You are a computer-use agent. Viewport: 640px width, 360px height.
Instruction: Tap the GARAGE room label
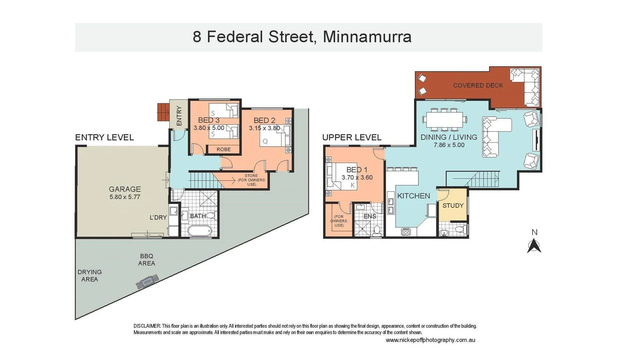[x=125, y=189]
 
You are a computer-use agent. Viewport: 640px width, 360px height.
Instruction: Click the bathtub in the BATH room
[x=199, y=230]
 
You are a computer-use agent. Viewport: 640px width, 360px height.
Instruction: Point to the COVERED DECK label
[x=478, y=85]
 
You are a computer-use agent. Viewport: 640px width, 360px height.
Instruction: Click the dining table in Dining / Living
[x=444, y=119]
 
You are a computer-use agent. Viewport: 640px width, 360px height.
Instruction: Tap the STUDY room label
[x=453, y=206]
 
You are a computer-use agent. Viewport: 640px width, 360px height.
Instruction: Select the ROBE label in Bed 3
[x=223, y=149]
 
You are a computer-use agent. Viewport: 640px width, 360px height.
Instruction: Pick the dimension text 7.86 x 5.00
[x=449, y=145]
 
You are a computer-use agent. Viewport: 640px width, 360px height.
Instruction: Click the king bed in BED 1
[x=342, y=176]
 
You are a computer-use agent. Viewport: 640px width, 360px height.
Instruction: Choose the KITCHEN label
[x=413, y=196]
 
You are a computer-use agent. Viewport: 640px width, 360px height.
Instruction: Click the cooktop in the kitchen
[x=406, y=232]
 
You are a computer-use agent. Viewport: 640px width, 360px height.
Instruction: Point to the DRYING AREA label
[x=89, y=276]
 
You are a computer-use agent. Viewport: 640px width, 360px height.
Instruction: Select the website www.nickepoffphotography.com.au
[x=430, y=340]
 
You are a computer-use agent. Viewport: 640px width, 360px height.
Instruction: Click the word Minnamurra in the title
[x=367, y=37]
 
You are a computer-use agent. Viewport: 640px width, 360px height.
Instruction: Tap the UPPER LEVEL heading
[x=352, y=137]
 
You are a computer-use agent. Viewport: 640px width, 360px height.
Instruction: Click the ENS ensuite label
[x=370, y=216]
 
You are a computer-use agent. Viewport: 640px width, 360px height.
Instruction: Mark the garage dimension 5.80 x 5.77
[x=125, y=197]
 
